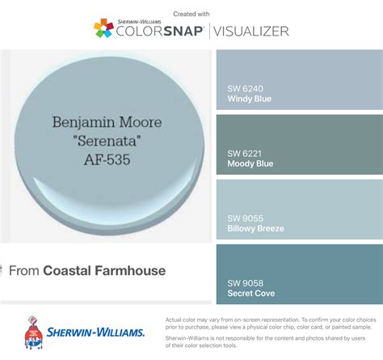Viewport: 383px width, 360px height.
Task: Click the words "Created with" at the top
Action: coord(191,14)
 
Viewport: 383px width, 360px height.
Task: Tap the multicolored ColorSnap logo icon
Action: coord(103,30)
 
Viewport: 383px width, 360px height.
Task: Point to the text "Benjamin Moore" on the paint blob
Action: coord(107,124)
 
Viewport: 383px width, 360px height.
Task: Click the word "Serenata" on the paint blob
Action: coord(107,142)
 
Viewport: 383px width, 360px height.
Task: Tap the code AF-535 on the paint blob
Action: coord(107,159)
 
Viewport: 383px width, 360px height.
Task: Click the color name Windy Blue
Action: coord(249,99)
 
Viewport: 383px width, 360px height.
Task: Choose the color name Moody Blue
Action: coord(250,163)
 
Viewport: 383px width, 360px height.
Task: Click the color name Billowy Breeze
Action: coord(255,228)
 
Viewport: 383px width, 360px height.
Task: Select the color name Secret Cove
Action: coord(251,293)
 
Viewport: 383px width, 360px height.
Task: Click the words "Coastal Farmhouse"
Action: coord(104,271)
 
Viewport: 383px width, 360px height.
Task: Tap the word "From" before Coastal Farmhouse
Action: coord(24,271)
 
